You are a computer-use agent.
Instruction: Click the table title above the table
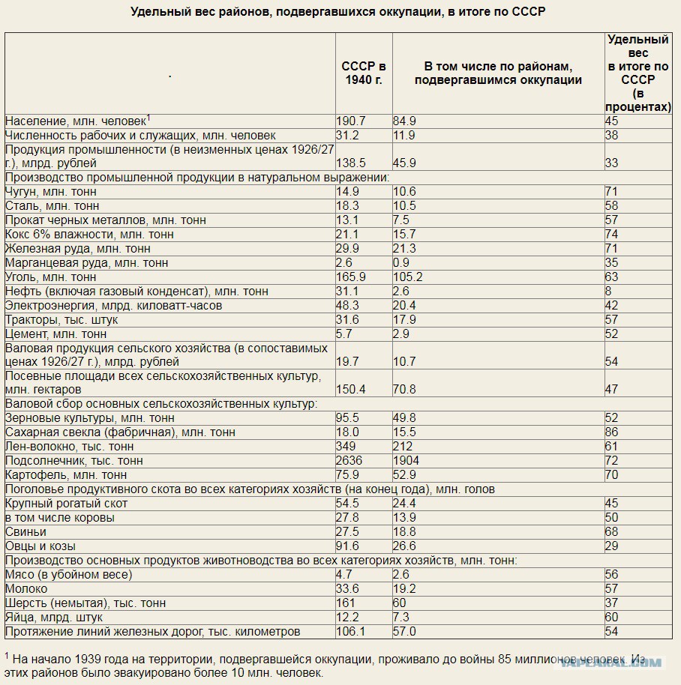[338, 12]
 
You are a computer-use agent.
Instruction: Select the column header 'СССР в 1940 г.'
[364, 73]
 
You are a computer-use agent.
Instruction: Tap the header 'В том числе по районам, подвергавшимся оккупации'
[498, 73]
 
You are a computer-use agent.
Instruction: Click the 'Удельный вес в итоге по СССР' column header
[638, 73]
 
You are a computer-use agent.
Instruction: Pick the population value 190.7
[351, 121]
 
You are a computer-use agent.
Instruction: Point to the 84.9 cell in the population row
[404, 121]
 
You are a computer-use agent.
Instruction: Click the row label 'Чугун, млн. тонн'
[51, 192]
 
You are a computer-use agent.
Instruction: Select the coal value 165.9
[351, 277]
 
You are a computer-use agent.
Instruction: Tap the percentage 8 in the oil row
[608, 292]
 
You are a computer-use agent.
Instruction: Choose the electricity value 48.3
[347, 305]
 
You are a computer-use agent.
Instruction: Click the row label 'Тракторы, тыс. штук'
[61, 320]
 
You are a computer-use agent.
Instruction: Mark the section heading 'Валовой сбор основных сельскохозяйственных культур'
[161, 404]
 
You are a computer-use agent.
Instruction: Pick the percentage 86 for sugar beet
[612, 432]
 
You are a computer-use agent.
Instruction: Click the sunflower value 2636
[349, 460]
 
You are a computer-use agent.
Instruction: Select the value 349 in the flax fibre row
[346, 447]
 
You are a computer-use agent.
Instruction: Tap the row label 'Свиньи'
[25, 532]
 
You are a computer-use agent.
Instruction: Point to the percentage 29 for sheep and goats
[612, 546]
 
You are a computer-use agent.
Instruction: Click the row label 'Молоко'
[26, 589]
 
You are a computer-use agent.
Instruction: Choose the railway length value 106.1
[351, 632]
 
